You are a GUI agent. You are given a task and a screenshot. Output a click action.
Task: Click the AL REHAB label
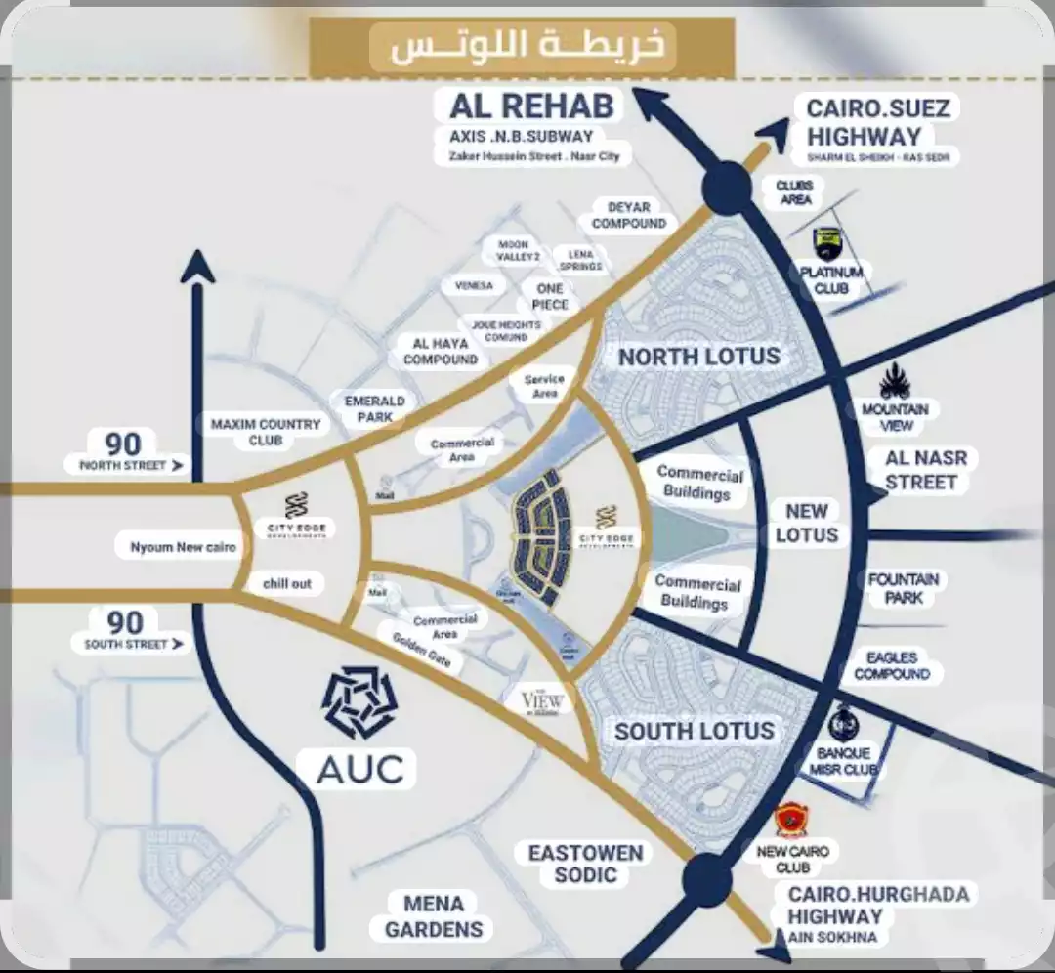[531, 106]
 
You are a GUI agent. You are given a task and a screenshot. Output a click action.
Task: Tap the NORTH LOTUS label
[699, 357]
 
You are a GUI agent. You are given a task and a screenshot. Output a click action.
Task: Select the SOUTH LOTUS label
[695, 731]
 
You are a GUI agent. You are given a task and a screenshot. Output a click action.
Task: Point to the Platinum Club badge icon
[828, 244]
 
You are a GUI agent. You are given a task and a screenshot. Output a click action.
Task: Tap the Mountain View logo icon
[895, 382]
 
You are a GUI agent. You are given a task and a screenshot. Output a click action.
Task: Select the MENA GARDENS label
[434, 915]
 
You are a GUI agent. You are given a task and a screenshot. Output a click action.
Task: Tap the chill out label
[287, 583]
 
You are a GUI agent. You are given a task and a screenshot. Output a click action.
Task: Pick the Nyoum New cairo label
[183, 547]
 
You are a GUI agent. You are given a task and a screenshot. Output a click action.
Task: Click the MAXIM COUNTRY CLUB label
[265, 432]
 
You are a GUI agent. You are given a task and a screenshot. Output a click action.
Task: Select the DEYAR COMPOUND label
[628, 215]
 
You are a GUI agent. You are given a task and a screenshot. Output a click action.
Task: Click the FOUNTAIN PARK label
[903, 588]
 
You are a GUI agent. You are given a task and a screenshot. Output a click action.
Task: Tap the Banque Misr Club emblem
[844, 724]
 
